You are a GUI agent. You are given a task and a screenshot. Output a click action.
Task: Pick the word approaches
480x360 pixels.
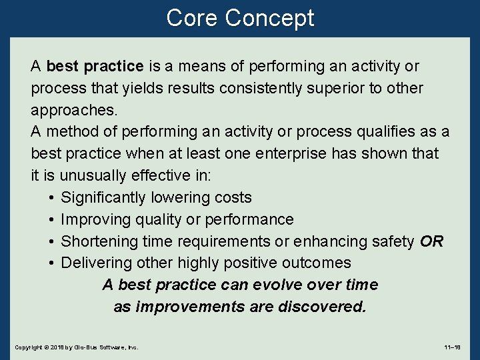[x=74, y=110]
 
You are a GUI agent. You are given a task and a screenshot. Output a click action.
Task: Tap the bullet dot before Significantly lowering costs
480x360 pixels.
[x=51, y=198]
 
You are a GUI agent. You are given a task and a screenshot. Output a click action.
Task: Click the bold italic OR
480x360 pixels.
[x=431, y=241]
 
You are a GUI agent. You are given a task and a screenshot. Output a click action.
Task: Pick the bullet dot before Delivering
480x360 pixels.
[x=51, y=263]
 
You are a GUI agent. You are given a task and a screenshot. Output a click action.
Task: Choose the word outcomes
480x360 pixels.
[x=318, y=263]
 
